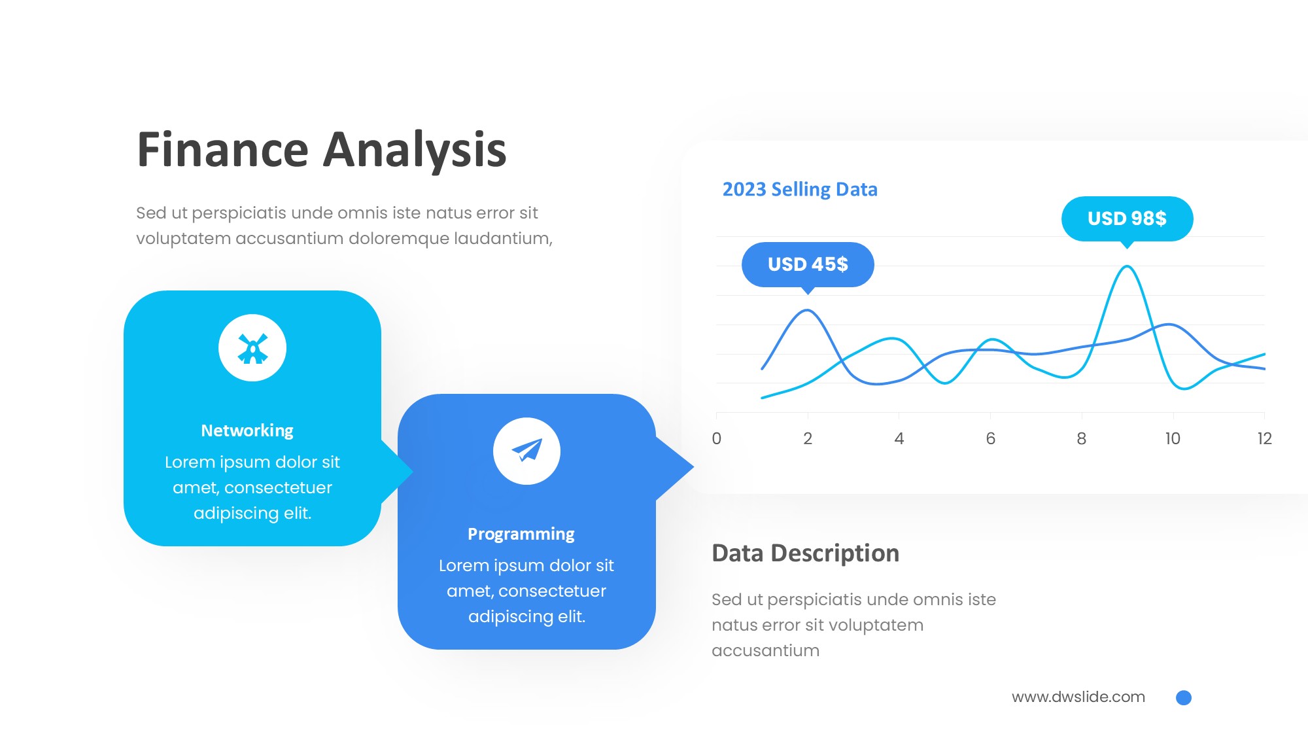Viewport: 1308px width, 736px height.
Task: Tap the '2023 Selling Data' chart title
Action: [x=800, y=189]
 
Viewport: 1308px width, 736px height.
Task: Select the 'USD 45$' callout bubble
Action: [x=808, y=265]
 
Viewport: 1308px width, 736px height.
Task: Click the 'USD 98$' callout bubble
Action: [x=1127, y=219]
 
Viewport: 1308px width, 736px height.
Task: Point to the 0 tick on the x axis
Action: [x=717, y=438]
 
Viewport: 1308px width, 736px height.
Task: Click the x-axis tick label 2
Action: [x=808, y=438]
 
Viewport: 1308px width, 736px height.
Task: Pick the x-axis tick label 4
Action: [x=899, y=438]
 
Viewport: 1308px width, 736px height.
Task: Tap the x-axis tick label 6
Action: [x=991, y=438]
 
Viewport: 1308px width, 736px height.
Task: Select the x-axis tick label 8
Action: [x=1082, y=438]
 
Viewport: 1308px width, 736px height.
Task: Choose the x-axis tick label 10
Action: [x=1173, y=438]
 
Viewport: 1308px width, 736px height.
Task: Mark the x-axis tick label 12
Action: [x=1264, y=438]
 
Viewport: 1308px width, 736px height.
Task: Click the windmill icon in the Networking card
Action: [x=252, y=348]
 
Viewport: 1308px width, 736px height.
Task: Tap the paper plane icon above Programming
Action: [x=526, y=450]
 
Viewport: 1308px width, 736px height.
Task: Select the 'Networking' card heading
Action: [x=247, y=430]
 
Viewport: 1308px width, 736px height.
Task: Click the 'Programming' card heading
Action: [x=521, y=534]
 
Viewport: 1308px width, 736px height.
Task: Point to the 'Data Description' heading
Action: [x=805, y=553]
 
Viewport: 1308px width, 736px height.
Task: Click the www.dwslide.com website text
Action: [x=1078, y=697]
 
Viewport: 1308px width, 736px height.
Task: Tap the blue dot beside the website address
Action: [x=1184, y=697]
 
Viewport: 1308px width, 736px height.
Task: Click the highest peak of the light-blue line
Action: [x=1127, y=266]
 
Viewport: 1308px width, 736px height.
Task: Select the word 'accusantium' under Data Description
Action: [x=765, y=650]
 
